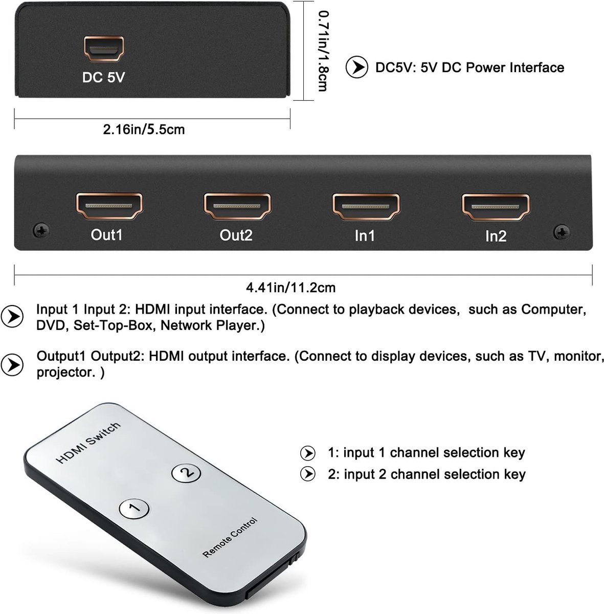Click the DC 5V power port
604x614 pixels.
point(104,49)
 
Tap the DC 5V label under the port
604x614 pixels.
point(104,77)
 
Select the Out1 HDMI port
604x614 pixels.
point(109,207)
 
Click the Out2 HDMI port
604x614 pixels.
point(237,207)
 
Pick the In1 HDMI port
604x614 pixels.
point(366,207)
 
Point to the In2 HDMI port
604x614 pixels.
point(495,207)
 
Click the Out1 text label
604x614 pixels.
point(107,235)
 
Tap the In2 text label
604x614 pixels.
point(496,236)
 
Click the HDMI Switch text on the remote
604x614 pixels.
point(88,443)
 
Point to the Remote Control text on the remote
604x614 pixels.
point(230,537)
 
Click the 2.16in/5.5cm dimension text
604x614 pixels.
point(144,129)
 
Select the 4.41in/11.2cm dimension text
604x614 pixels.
point(290,288)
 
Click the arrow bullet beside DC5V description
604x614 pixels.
point(356,68)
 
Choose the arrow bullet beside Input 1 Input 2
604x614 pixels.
point(12,317)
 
